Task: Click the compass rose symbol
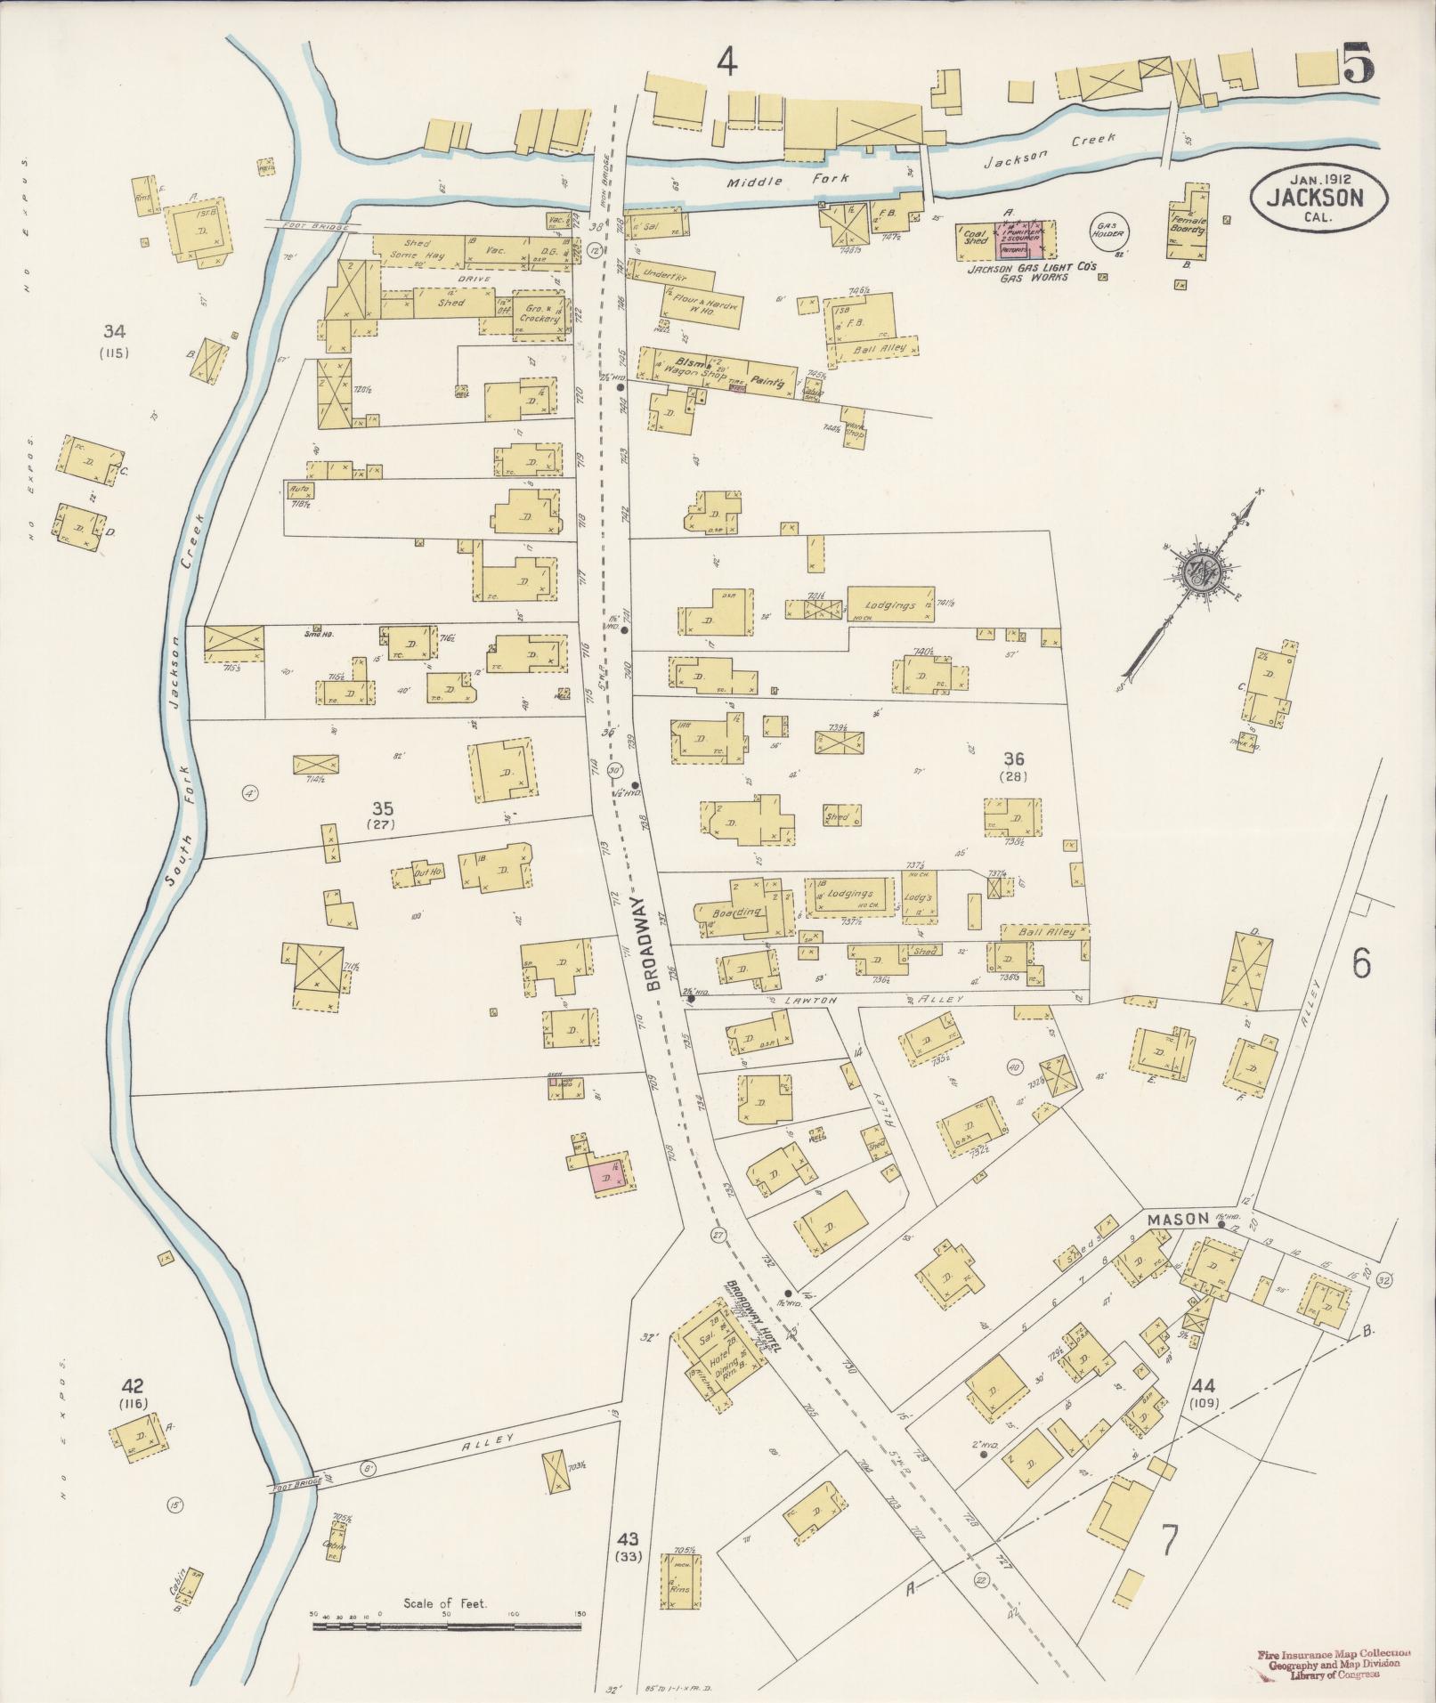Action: coord(1198,571)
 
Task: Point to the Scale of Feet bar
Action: coord(446,1626)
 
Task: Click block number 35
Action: coord(383,809)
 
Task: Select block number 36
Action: coord(1013,759)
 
